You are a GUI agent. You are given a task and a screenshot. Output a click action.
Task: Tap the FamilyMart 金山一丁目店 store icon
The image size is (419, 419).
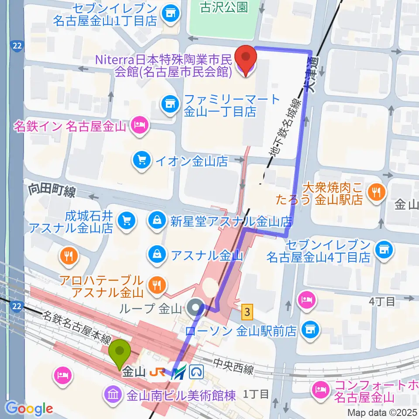point(168,104)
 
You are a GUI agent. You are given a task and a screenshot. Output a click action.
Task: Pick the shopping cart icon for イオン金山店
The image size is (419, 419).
point(141,161)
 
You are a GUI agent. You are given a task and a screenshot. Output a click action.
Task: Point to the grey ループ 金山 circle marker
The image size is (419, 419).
point(197,309)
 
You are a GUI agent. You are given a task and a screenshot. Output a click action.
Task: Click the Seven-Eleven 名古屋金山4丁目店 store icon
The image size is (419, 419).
point(384,250)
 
